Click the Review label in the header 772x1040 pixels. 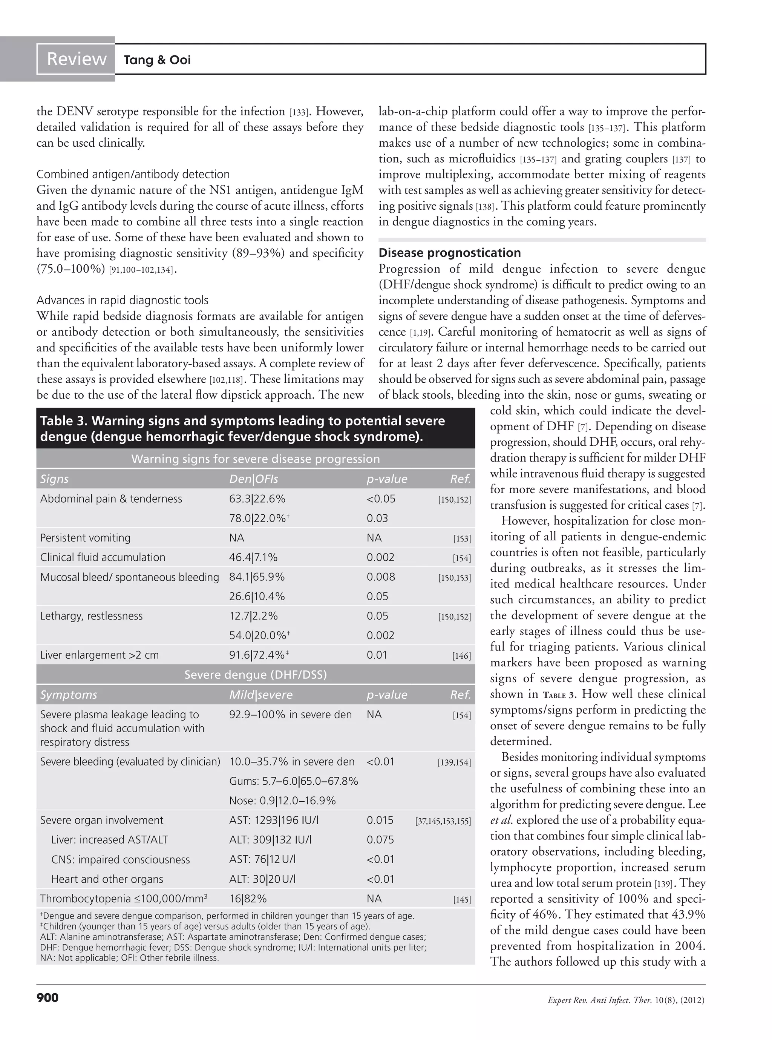point(76,59)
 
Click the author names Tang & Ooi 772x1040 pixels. point(157,60)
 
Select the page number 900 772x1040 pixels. point(47,997)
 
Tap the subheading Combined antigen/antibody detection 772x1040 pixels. point(133,174)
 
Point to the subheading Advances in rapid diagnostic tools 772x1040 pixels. point(123,300)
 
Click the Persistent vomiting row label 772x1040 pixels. point(86,538)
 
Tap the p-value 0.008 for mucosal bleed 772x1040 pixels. point(381,577)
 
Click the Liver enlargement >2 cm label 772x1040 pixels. point(100,655)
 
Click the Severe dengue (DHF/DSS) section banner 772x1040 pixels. point(256,675)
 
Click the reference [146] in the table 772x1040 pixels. point(461,656)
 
